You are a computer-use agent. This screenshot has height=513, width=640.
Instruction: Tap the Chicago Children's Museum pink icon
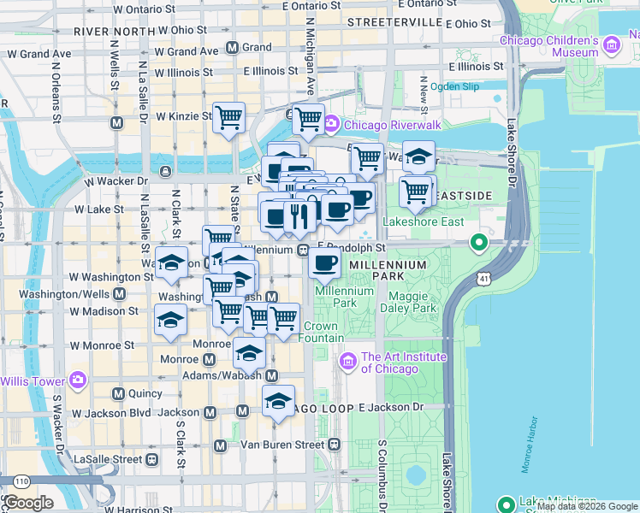coord(612,44)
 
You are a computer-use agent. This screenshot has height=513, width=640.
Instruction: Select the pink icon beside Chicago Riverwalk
coord(331,126)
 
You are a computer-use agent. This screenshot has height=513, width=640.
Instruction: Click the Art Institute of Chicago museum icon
coord(348,362)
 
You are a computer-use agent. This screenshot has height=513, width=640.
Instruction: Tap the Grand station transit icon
coord(231,47)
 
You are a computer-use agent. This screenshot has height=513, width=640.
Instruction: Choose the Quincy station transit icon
coord(119,393)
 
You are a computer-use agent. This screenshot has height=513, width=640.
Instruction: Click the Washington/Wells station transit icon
coord(119,293)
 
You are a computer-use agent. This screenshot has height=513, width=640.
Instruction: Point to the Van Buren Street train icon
coord(334,445)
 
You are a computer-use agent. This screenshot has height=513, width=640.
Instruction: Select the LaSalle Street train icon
coord(151,459)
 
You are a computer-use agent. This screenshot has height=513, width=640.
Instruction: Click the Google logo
coord(28,503)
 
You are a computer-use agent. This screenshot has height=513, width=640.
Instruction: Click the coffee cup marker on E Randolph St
coord(324,263)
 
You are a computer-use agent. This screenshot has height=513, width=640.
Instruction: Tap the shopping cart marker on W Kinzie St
coord(228,117)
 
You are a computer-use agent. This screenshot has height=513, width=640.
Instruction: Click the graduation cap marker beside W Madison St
coord(170,320)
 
